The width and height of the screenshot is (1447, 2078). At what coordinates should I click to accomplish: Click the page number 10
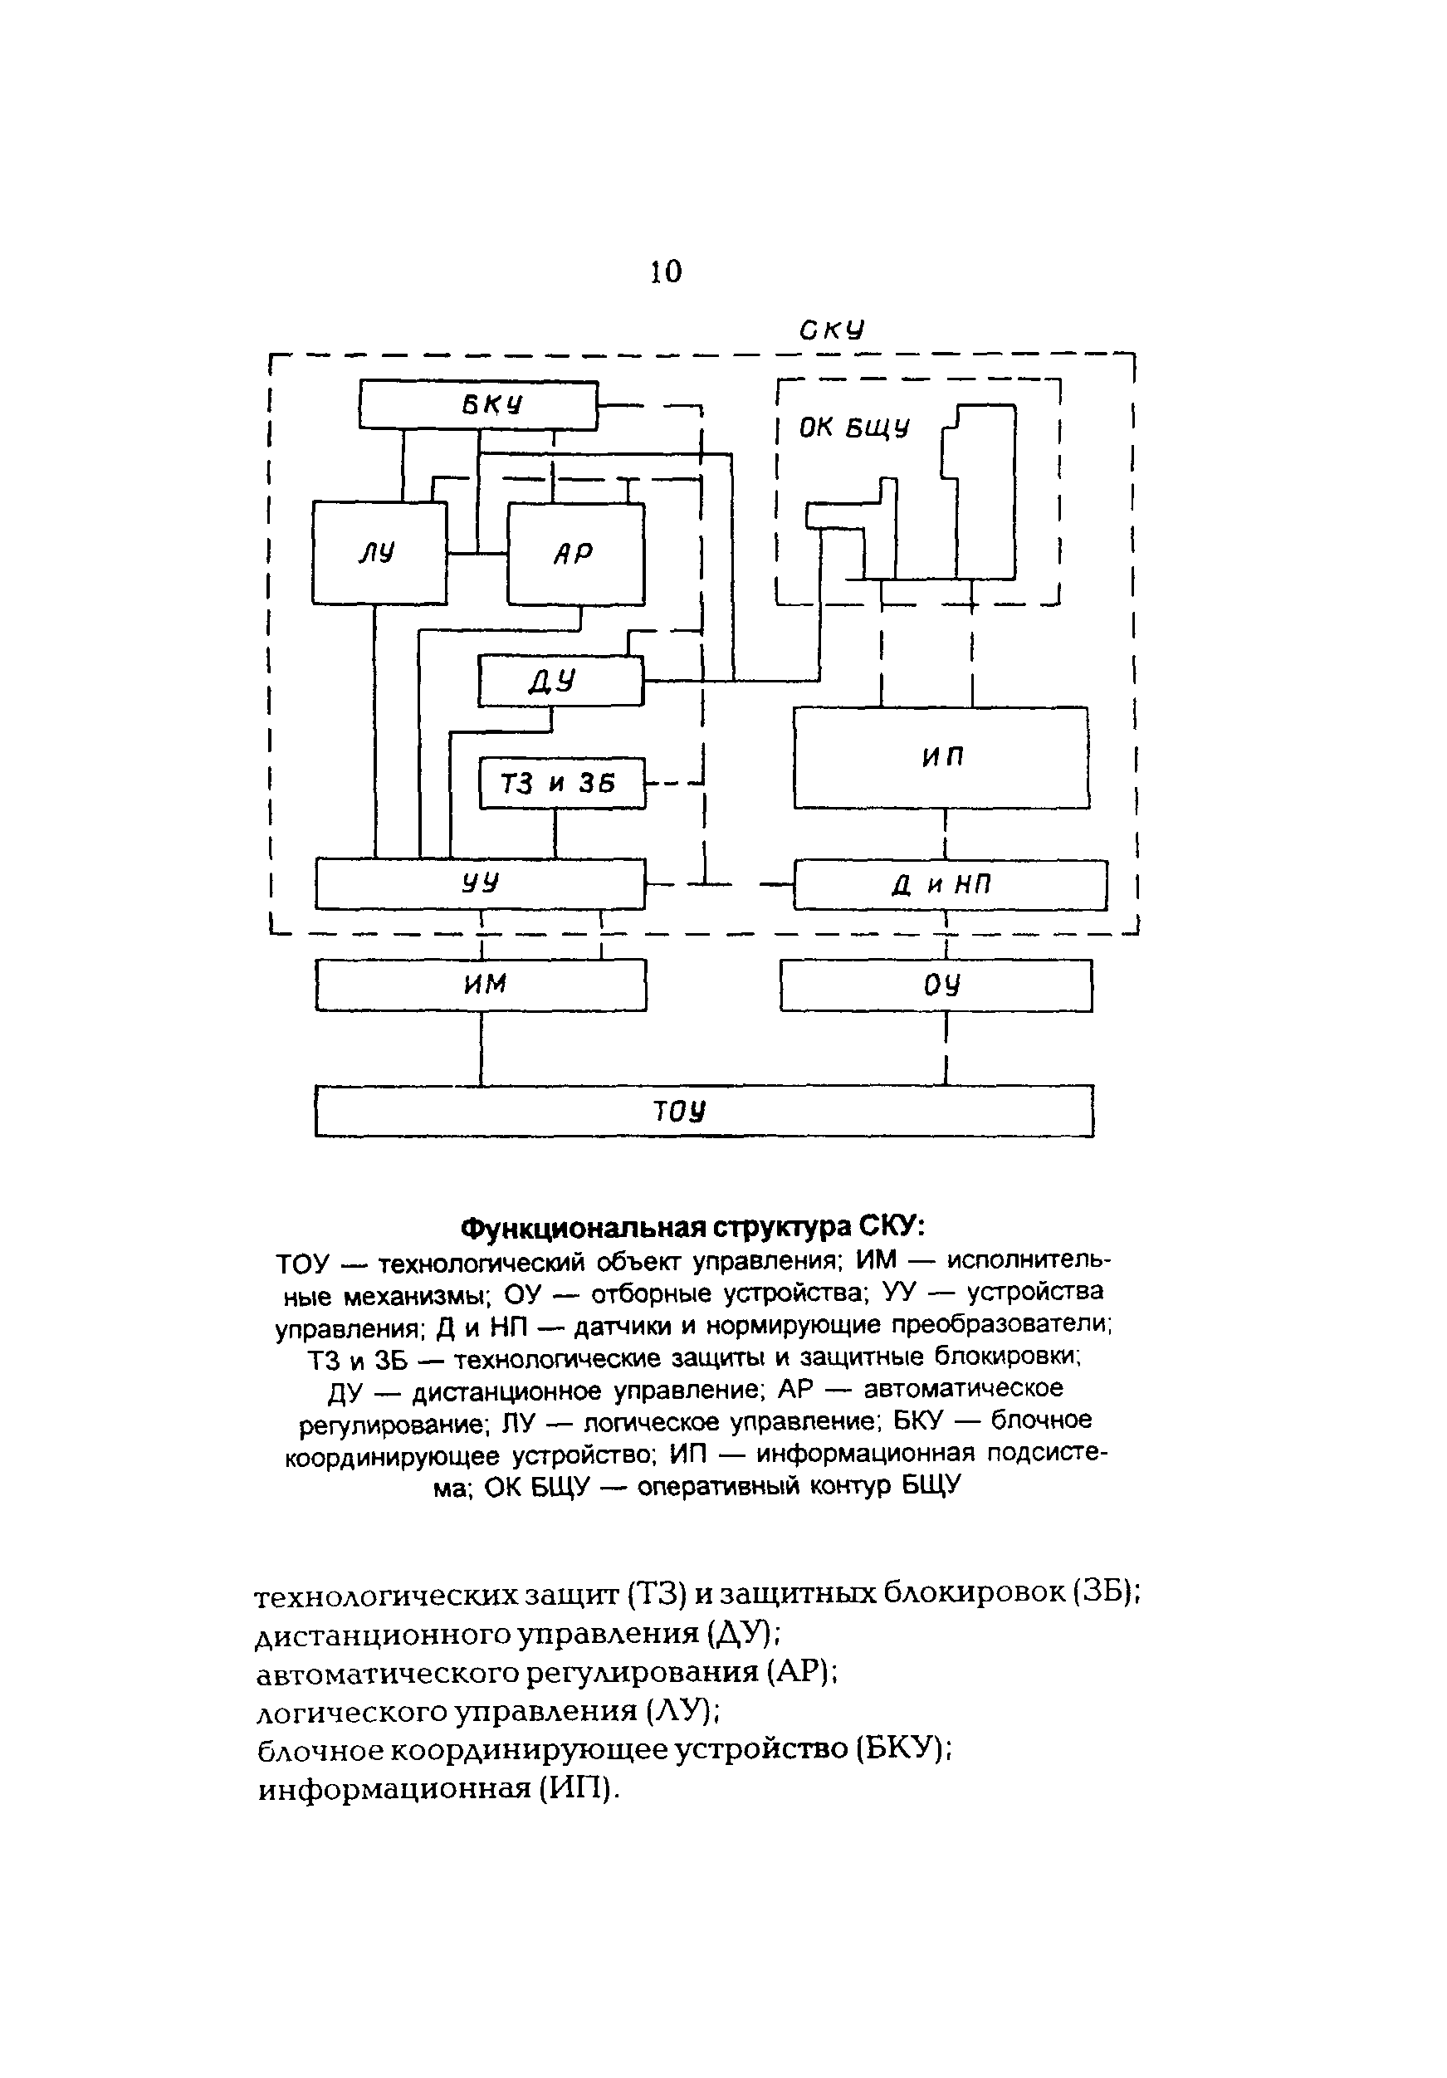(x=665, y=271)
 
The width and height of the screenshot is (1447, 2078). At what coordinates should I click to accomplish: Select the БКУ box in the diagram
(x=478, y=404)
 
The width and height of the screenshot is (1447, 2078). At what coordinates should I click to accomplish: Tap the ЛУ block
(x=379, y=552)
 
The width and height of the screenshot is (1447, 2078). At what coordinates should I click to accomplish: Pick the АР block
(x=575, y=553)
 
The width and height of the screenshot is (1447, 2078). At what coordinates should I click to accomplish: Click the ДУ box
(x=560, y=681)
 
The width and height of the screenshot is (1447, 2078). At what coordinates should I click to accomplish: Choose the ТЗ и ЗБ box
(x=561, y=783)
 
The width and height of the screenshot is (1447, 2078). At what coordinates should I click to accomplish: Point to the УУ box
(x=480, y=883)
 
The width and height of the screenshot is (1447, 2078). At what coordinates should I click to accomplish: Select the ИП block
(x=941, y=757)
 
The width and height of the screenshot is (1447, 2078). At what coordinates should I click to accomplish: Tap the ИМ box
(x=481, y=984)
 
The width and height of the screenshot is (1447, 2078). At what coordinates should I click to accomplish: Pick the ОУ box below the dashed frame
(x=936, y=985)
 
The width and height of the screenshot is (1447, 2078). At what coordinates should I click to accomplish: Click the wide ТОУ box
(x=703, y=1111)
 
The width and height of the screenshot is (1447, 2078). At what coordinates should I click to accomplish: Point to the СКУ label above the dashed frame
(x=831, y=330)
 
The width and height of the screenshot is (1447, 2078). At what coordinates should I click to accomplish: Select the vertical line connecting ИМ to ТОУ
(x=481, y=1047)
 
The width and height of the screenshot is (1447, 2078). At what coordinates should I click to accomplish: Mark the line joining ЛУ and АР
(x=477, y=553)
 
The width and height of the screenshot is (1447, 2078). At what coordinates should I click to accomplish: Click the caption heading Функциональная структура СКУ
(x=693, y=1228)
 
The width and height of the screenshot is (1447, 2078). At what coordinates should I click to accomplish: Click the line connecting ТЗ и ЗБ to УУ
(x=555, y=834)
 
